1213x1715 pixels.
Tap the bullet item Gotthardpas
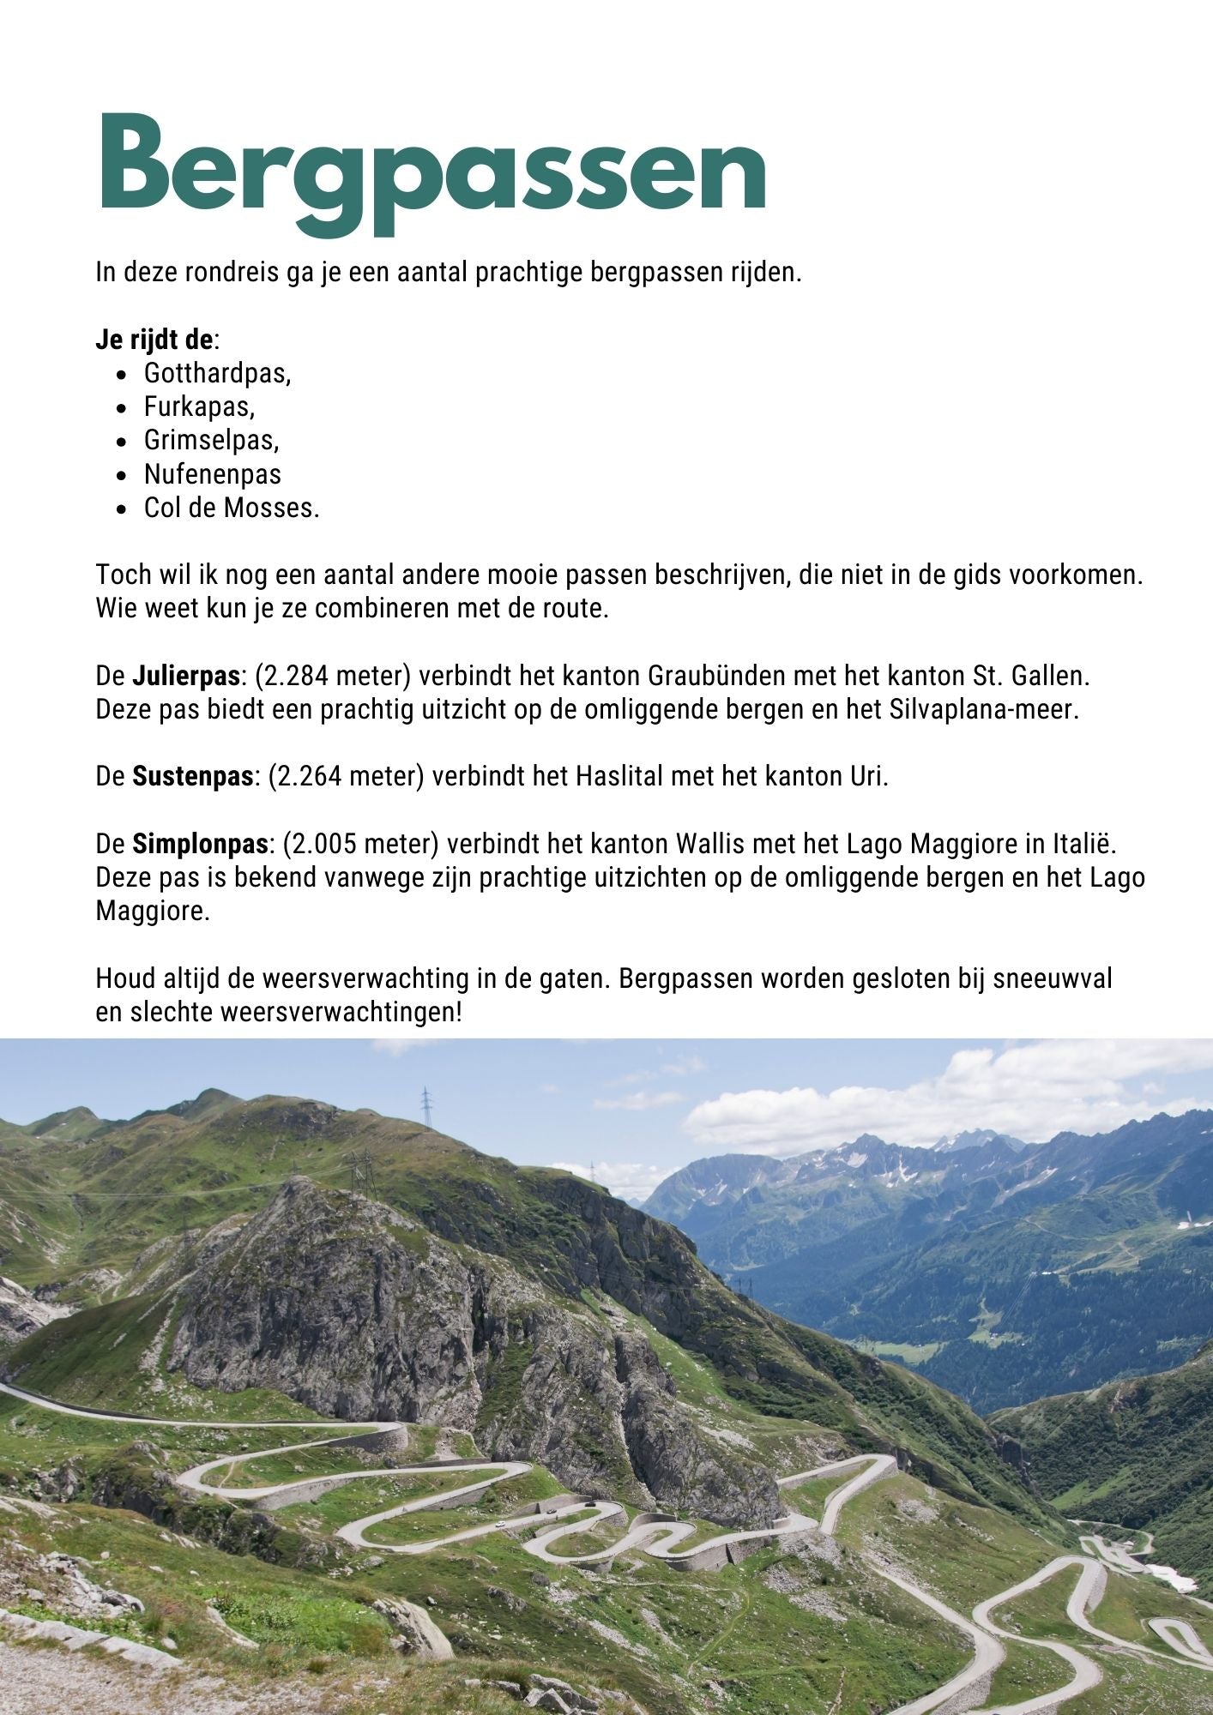tap(217, 374)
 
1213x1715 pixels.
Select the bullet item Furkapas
tap(199, 407)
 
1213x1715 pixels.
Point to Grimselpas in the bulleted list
tap(211, 441)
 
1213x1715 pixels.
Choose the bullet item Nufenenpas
tap(212, 474)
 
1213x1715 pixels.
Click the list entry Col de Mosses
tap(231, 508)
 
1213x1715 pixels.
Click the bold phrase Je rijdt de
tap(154, 340)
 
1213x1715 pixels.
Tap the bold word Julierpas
tap(185, 676)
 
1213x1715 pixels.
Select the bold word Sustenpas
tap(192, 777)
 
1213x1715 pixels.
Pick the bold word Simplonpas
tap(200, 845)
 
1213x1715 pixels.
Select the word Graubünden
tap(717, 676)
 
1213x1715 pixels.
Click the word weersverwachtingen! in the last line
tap(341, 1013)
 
